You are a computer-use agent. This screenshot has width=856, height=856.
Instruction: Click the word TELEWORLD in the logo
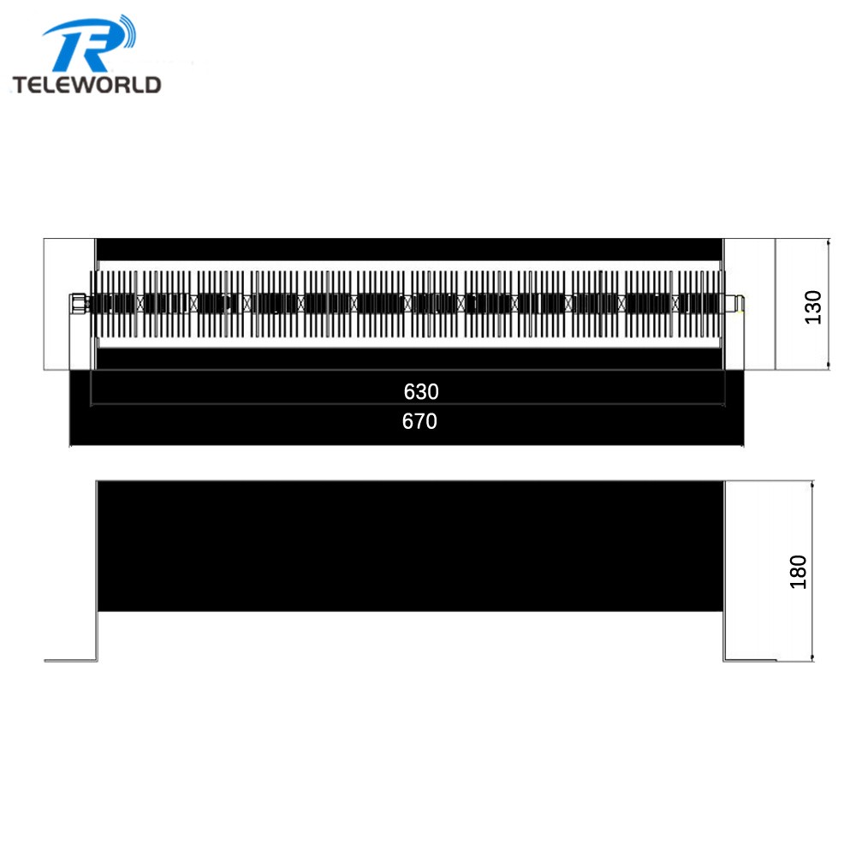click(86, 85)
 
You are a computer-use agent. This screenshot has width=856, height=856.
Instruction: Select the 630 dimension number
click(421, 391)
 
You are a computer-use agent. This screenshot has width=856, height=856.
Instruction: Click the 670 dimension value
click(419, 421)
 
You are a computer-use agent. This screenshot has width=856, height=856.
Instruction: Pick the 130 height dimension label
click(813, 307)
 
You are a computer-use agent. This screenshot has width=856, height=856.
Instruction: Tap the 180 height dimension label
click(798, 572)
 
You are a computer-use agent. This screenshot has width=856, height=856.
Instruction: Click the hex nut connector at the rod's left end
click(78, 303)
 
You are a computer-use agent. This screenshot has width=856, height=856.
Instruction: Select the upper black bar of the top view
click(409, 249)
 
